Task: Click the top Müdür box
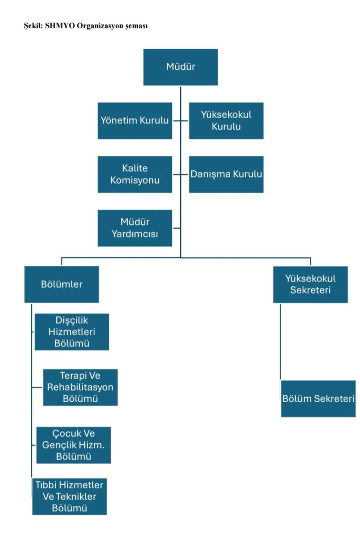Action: click(x=180, y=67)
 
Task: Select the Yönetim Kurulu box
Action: click(x=135, y=120)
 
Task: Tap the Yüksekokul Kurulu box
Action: click(x=226, y=120)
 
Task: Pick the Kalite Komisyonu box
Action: click(x=135, y=174)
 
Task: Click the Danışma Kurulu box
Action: click(x=226, y=174)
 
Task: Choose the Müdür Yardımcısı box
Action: click(x=135, y=228)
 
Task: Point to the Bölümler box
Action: click(x=61, y=284)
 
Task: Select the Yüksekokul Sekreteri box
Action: click(x=310, y=284)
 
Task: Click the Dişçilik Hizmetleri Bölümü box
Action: click(x=72, y=332)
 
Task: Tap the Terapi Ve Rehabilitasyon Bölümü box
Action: click(x=80, y=387)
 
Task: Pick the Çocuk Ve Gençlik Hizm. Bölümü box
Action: click(x=74, y=445)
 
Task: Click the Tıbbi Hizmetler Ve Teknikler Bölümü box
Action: click(x=69, y=496)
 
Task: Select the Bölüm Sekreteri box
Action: click(x=318, y=398)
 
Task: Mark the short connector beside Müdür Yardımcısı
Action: click(x=176, y=228)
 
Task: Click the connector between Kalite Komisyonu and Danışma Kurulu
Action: click(x=180, y=174)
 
